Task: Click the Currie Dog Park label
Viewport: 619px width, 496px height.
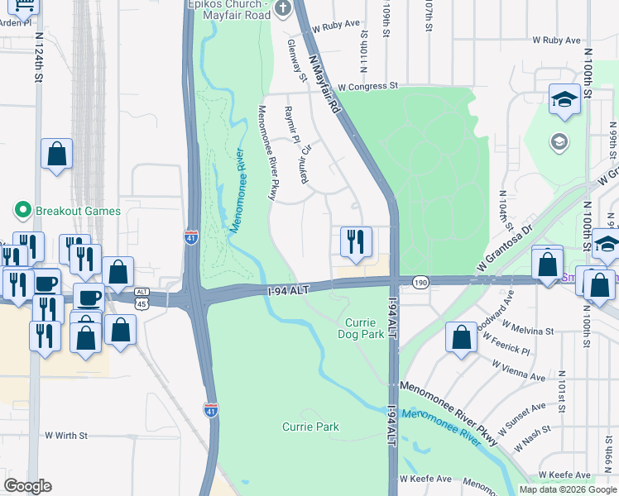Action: (x=361, y=327)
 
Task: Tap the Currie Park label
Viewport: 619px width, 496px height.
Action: (x=310, y=427)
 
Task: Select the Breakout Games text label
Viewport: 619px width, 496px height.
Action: (x=78, y=211)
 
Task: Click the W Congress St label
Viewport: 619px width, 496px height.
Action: (x=368, y=86)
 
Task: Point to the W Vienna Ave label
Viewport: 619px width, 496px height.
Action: (x=517, y=370)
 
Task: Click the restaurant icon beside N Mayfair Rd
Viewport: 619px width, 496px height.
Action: (x=356, y=242)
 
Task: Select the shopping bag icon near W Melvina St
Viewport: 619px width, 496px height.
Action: (x=461, y=337)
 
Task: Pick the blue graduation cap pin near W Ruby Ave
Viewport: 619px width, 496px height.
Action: (x=564, y=101)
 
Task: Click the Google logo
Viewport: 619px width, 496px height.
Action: (x=27, y=486)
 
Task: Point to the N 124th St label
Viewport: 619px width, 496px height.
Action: (x=38, y=64)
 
